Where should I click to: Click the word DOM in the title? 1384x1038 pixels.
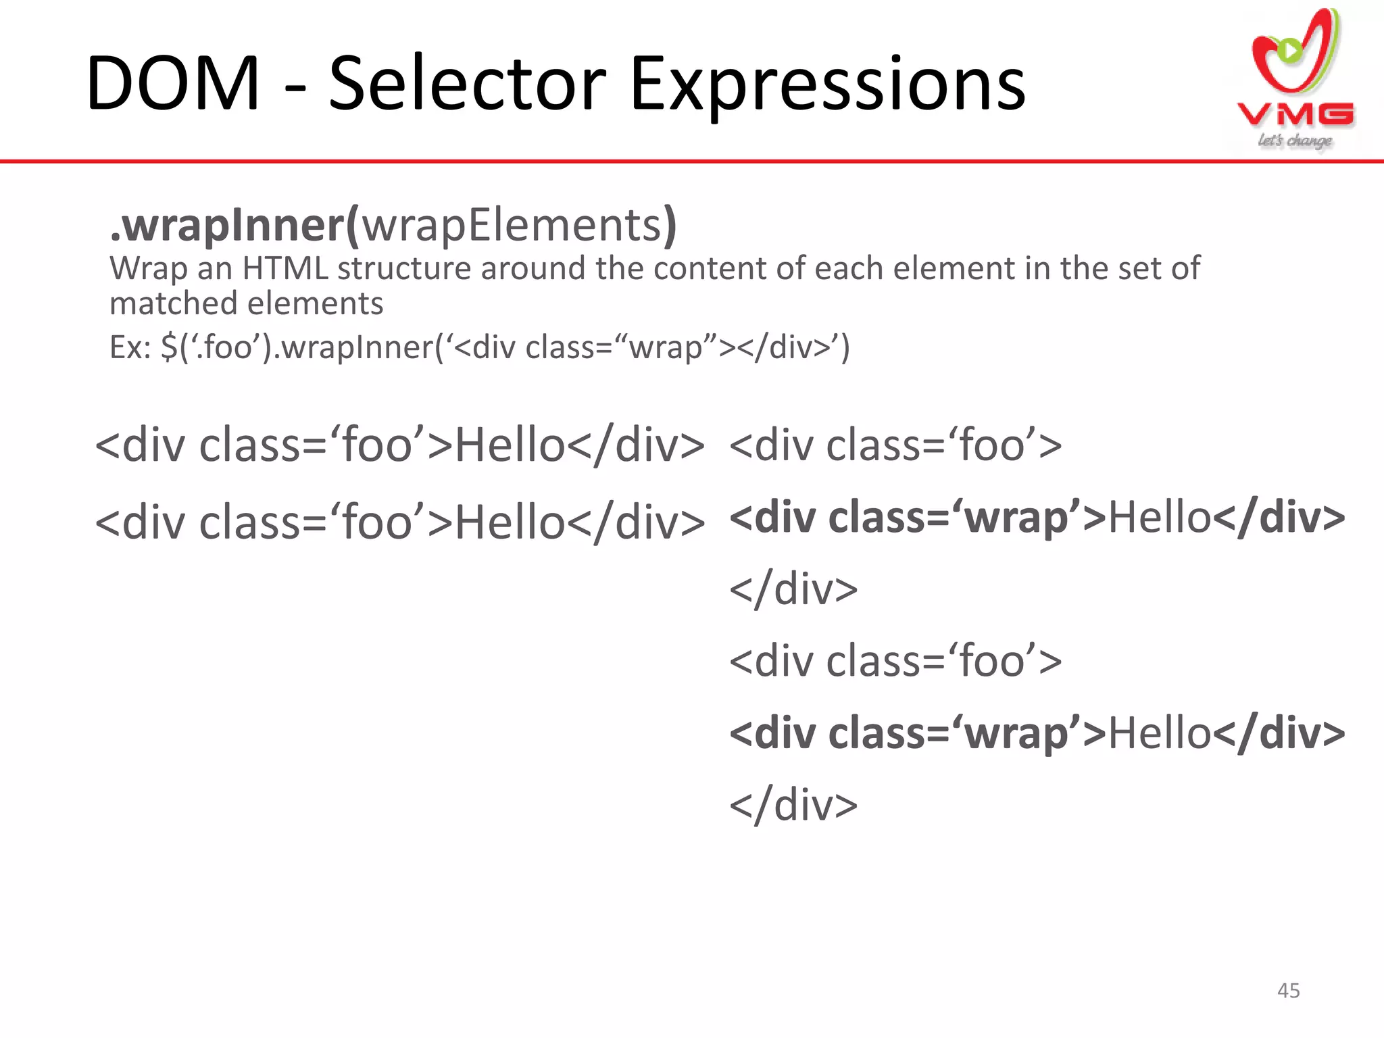(173, 84)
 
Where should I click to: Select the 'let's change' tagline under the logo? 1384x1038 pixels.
(1295, 141)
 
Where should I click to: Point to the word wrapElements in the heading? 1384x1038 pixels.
(512, 226)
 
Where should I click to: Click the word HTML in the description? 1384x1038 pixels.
(285, 268)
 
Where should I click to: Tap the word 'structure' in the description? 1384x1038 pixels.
(403, 268)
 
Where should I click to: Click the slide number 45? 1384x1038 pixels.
(1288, 991)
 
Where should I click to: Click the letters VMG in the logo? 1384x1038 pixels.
(1295, 115)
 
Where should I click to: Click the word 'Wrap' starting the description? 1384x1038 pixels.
(148, 268)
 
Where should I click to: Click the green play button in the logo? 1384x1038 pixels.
(1290, 50)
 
